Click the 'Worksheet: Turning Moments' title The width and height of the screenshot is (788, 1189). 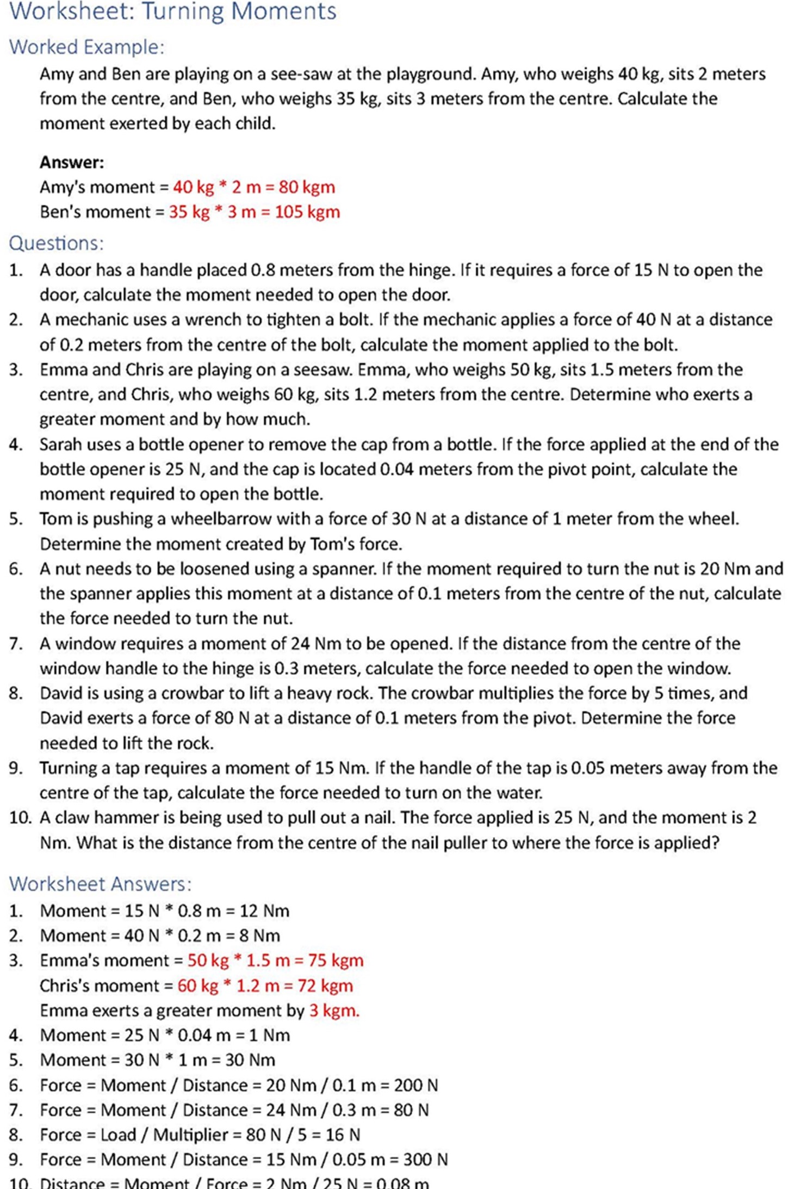coord(173,11)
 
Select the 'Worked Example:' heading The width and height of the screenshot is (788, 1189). coord(86,47)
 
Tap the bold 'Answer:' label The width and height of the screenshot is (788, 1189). coord(72,162)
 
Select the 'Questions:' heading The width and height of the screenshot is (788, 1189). coord(56,243)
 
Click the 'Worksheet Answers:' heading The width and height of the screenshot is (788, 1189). coord(101,884)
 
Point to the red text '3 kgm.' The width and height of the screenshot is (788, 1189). coord(334,1011)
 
